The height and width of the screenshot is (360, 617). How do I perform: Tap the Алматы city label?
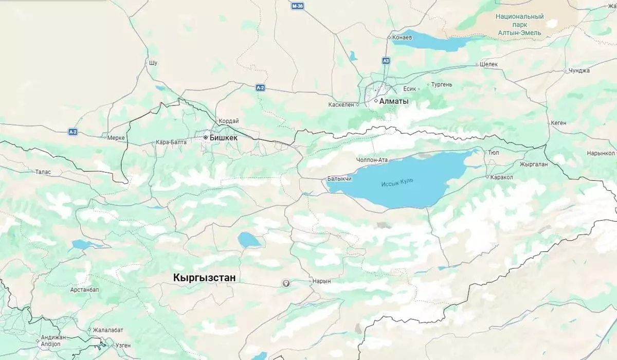(x=394, y=101)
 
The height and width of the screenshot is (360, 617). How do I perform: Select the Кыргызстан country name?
(x=204, y=278)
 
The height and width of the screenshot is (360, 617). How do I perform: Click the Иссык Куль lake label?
(x=397, y=183)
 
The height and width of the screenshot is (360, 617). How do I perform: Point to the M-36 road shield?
(x=297, y=6)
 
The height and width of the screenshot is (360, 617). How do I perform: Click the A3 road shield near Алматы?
(x=386, y=61)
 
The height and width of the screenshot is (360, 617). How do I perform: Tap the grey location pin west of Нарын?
(x=286, y=283)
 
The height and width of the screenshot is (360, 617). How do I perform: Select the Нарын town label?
(x=321, y=281)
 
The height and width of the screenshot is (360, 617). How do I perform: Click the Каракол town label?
(x=502, y=177)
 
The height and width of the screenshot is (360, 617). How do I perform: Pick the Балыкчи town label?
(x=339, y=179)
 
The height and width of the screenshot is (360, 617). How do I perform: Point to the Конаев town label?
(x=402, y=38)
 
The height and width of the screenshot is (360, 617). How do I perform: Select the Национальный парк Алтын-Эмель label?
(x=519, y=25)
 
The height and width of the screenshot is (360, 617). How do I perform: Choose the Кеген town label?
(x=558, y=123)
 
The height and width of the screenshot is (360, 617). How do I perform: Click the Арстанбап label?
(x=85, y=290)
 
